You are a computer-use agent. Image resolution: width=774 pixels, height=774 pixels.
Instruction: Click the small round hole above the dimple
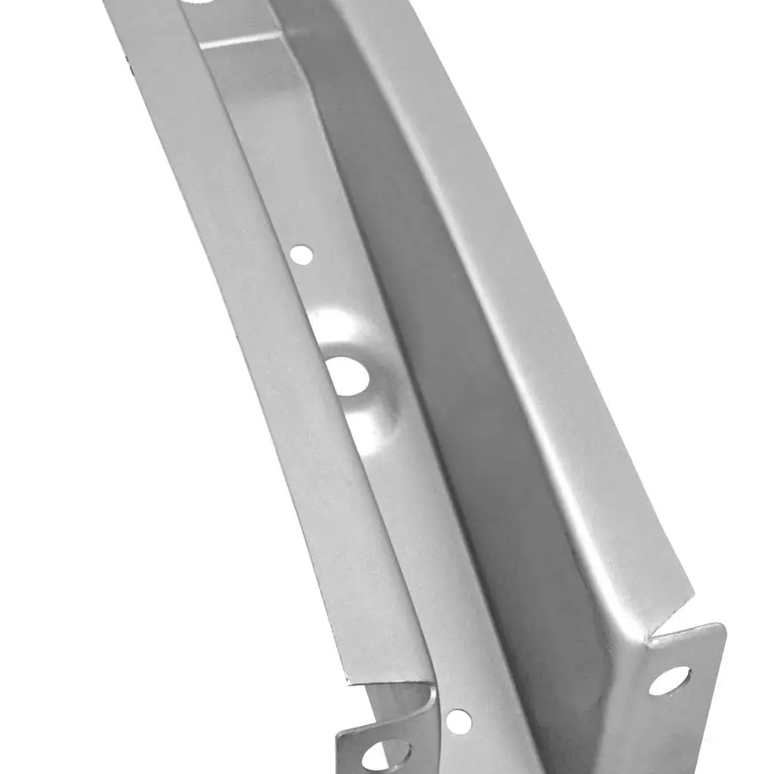(301, 254)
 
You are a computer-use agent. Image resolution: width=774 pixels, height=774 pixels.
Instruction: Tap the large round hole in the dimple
(347, 376)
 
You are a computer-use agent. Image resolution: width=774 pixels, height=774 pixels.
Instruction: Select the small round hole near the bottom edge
(458, 721)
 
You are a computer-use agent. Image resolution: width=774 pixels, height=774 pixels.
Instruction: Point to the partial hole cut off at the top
(200, 3)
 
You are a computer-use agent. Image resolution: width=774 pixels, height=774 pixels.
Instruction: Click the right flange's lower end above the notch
(662, 585)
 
